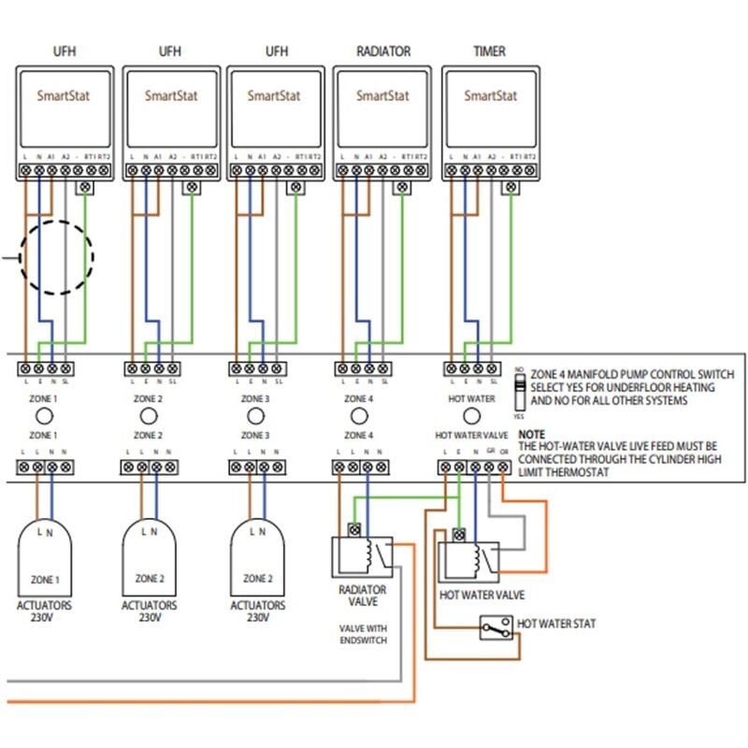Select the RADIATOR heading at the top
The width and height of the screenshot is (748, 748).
pos(383,51)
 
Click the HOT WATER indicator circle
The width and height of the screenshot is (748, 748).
pos(472,417)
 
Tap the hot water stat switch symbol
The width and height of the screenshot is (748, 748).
pos(496,628)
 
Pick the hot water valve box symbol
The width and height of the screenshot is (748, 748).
pos(470,561)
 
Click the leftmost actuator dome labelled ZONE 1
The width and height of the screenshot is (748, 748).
pos(45,556)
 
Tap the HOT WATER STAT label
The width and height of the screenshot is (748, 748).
pos(556,623)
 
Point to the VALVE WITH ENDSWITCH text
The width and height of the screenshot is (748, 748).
pos(362,634)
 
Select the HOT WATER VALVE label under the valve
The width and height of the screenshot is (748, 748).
pos(482,595)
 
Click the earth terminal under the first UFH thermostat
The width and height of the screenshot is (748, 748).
pos(86,188)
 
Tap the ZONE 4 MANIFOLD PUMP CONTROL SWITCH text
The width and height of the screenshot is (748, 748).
pos(632,374)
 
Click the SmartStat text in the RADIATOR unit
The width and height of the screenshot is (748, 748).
pos(383,95)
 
